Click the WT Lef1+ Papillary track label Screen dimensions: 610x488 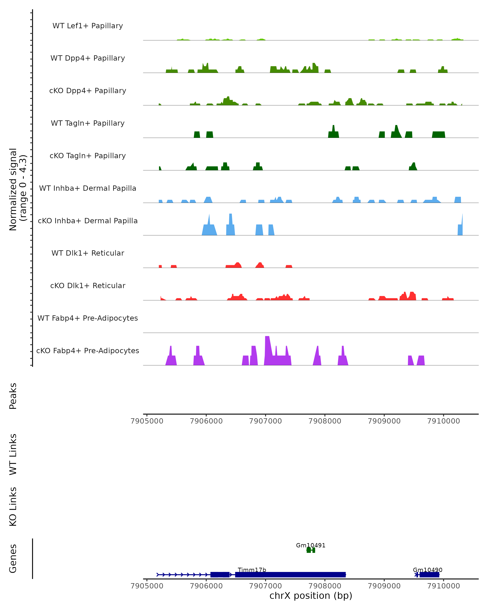(88, 26)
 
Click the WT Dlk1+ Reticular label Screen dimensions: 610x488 (88, 253)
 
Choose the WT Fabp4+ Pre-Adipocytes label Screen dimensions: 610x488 (88, 318)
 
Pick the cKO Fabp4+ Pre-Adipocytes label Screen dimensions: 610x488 (88, 351)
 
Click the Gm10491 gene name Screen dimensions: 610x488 (311, 545)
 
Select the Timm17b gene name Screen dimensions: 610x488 (252, 570)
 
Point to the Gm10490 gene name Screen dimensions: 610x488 (427, 570)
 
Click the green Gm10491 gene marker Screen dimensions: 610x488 (311, 550)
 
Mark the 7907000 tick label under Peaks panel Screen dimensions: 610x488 (265, 421)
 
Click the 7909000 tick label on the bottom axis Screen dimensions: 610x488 (384, 586)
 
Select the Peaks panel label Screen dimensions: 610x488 (13, 396)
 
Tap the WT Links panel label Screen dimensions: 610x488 (13, 454)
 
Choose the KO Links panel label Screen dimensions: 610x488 (13, 507)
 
